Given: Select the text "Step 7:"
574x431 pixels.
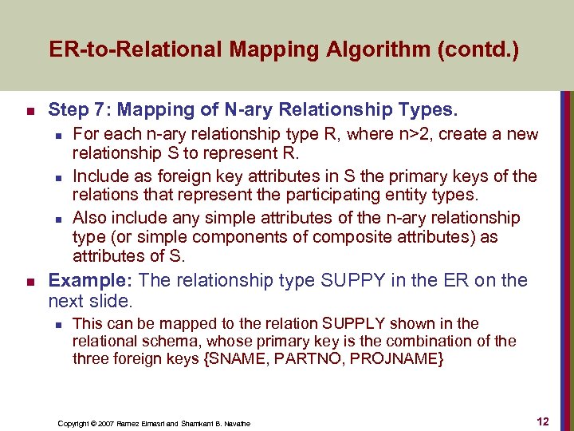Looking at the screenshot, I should [77, 109].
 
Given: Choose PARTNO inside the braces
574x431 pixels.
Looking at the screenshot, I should [301, 358].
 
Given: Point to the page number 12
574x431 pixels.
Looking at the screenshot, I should [542, 421].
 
